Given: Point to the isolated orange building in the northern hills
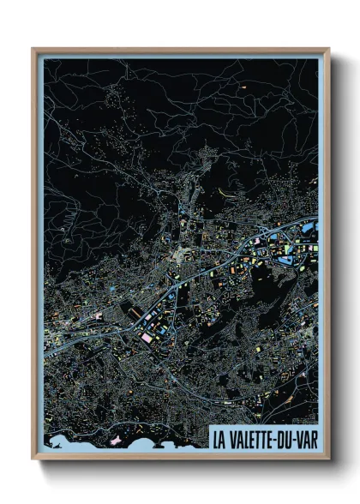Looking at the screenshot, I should [243, 87].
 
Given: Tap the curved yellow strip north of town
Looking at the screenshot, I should [225, 190].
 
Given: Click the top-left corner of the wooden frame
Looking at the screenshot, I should [33, 50].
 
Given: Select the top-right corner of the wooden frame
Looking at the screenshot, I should [328, 50].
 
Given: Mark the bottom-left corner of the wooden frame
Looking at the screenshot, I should [33, 459].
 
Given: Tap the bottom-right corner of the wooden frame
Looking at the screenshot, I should [328, 459].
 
